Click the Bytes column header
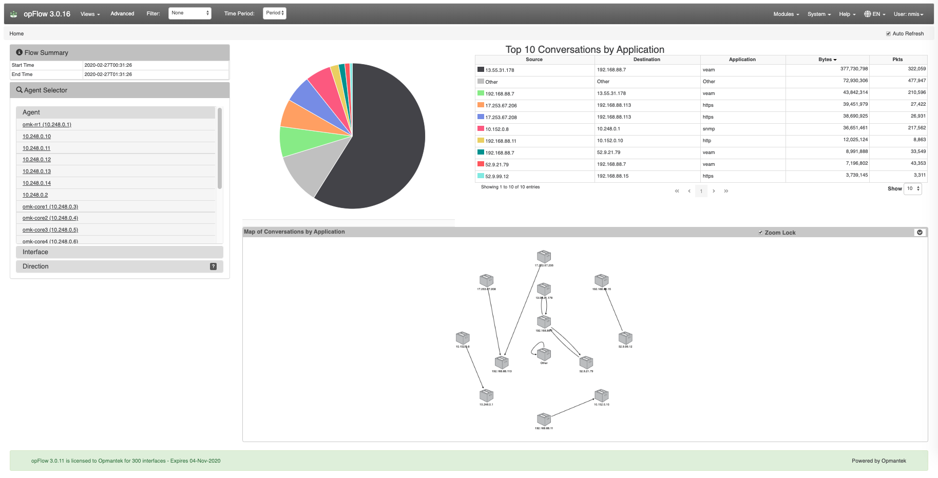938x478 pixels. [x=827, y=60]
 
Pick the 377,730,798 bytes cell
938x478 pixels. [x=854, y=69]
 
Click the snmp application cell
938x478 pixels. [x=709, y=129]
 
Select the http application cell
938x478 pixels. [x=707, y=141]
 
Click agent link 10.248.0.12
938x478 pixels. [x=36, y=160]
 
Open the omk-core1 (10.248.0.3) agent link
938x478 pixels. [x=50, y=207]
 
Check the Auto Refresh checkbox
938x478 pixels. [x=888, y=34]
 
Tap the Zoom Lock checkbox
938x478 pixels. [x=760, y=233]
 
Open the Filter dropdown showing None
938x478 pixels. [x=190, y=13]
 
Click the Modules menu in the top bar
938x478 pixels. [x=786, y=14]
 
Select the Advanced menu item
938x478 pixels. [x=122, y=14]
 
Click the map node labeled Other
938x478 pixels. [x=544, y=354]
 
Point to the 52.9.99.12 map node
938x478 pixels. [x=625, y=338]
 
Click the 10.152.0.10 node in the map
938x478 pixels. [x=601, y=395]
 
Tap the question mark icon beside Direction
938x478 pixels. [x=213, y=266]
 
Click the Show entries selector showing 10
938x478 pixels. [x=913, y=189]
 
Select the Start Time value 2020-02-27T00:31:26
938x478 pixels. [x=108, y=65]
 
